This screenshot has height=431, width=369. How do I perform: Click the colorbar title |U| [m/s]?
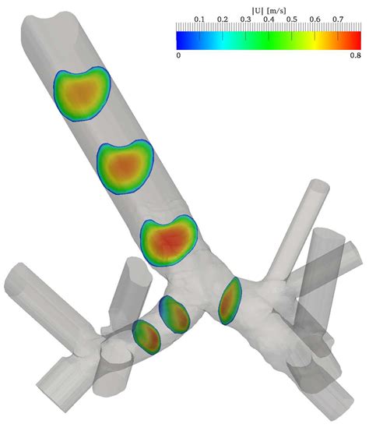[269, 11]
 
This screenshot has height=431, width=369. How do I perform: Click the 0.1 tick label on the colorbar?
[199, 19]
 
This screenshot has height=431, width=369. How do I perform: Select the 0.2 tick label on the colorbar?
[223, 19]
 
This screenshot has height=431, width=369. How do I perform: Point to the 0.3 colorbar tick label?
[245, 19]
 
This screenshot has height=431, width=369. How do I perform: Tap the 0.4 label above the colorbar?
[269, 19]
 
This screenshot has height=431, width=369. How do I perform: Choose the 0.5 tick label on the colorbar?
[292, 19]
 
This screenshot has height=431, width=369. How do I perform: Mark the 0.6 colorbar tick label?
[315, 19]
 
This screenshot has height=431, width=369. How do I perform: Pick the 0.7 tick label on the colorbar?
[338, 19]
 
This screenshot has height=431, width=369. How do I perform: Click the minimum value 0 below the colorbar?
[178, 55]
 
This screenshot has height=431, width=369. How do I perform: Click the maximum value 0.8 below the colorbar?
[356, 55]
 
